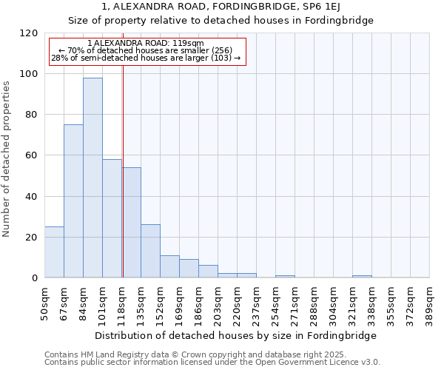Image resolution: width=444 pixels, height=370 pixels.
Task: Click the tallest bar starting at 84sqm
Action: tap(92, 178)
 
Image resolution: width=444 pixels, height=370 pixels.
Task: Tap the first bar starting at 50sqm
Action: tap(54, 252)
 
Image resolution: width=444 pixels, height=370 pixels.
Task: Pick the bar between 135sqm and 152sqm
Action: tap(150, 251)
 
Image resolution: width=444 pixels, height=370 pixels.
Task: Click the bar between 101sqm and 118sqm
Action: tap(112, 218)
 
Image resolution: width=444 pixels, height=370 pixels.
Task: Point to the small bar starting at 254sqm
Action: tap(285, 276)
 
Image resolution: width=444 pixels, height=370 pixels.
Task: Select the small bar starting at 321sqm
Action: tap(362, 276)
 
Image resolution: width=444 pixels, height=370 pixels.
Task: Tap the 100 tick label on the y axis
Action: tap(29, 74)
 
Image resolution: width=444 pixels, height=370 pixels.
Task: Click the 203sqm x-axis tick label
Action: tap(218, 303)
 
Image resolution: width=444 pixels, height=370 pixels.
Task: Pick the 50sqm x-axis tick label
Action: tap(44, 303)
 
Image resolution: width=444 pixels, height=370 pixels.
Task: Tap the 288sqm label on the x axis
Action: tap(314, 303)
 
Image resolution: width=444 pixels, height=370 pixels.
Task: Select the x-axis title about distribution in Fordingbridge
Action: tap(236, 335)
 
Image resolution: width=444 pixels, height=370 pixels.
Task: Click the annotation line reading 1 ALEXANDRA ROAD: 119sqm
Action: tap(145, 44)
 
